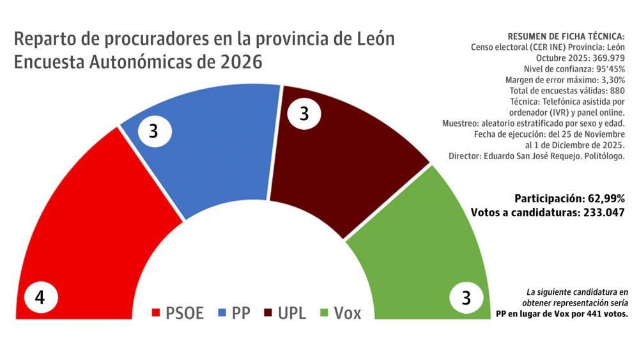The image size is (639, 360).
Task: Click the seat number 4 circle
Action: click(x=40, y=299)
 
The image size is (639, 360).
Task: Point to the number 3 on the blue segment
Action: click(x=153, y=131)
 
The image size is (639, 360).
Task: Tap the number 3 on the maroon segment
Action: click(x=304, y=114)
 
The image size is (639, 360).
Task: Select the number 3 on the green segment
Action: click(x=466, y=299)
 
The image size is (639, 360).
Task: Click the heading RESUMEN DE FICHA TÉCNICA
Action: click(x=566, y=36)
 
